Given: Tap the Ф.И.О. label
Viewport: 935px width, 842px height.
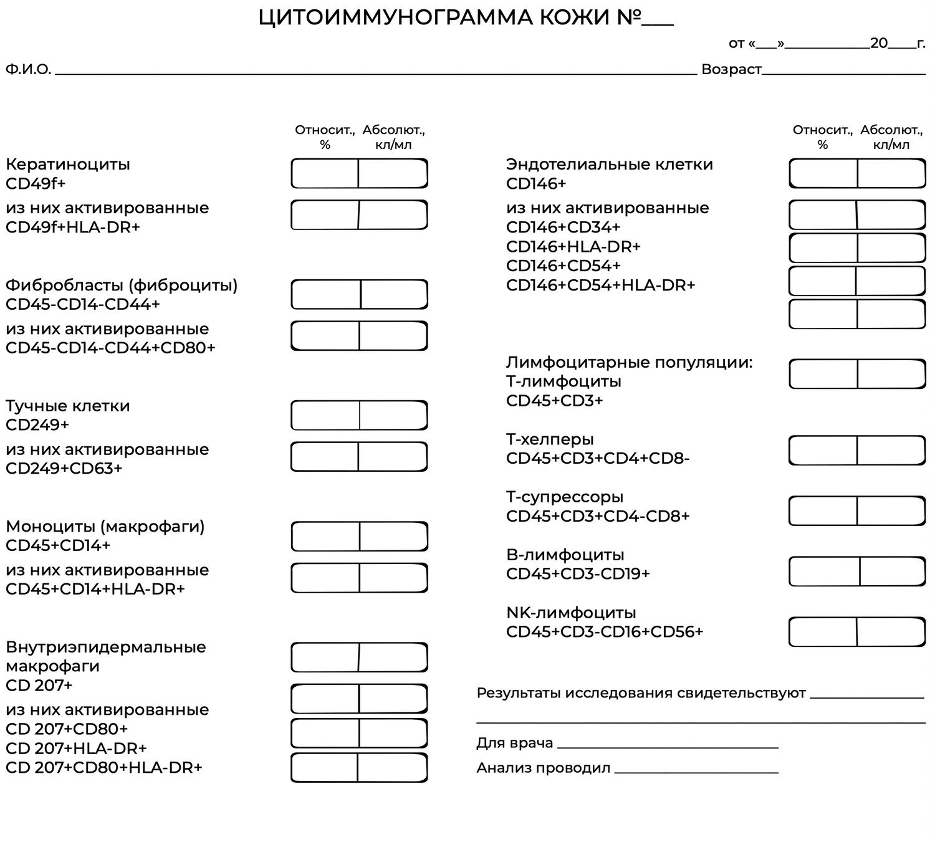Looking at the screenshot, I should click(28, 69).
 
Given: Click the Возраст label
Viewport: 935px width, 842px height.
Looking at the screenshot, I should click(731, 69).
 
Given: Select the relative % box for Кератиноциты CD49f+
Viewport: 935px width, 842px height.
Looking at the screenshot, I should click(325, 173).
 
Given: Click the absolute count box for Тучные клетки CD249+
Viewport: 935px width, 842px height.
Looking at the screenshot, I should click(393, 416).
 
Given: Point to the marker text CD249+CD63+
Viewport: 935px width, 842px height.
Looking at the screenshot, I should click(64, 468).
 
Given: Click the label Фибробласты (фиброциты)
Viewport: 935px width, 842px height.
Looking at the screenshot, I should click(122, 285).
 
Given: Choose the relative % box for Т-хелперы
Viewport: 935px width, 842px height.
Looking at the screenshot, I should click(823, 450).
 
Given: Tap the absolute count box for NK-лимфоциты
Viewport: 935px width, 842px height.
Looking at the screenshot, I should click(891, 632).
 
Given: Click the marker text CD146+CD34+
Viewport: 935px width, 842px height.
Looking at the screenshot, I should click(563, 227).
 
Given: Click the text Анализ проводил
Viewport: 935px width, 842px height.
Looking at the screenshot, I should click(543, 768).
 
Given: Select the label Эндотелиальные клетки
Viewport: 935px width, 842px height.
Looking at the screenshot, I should click(609, 165).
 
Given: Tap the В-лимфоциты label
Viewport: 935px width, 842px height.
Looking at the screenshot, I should click(565, 555).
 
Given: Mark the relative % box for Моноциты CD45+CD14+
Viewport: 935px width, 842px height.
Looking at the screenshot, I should click(325, 537).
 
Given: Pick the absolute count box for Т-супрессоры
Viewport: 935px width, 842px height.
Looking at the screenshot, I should click(891, 511).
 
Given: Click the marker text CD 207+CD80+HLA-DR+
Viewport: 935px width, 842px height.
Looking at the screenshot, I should click(103, 767).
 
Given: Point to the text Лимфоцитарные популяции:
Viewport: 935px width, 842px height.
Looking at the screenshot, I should click(629, 362).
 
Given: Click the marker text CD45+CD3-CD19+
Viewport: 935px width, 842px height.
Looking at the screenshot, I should click(578, 573).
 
